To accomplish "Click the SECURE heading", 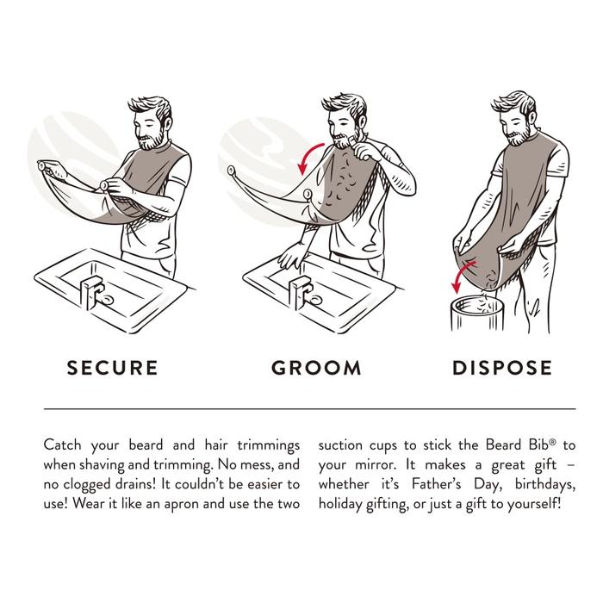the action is (x=112, y=368).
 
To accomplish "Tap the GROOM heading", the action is (x=316, y=368).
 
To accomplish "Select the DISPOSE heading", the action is (x=502, y=368).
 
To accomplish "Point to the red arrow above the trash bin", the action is (x=463, y=275).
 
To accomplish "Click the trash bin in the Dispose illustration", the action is (x=477, y=314).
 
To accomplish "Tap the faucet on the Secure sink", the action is (x=91, y=291).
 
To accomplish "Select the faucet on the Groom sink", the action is (x=301, y=292).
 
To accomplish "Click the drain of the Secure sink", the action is (x=108, y=299).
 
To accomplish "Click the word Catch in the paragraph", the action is (x=62, y=445).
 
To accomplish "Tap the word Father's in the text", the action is (x=436, y=484).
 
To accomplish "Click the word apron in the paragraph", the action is (x=182, y=505).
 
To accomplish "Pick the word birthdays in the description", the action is (x=545, y=484).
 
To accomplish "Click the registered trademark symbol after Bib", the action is (x=553, y=442).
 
